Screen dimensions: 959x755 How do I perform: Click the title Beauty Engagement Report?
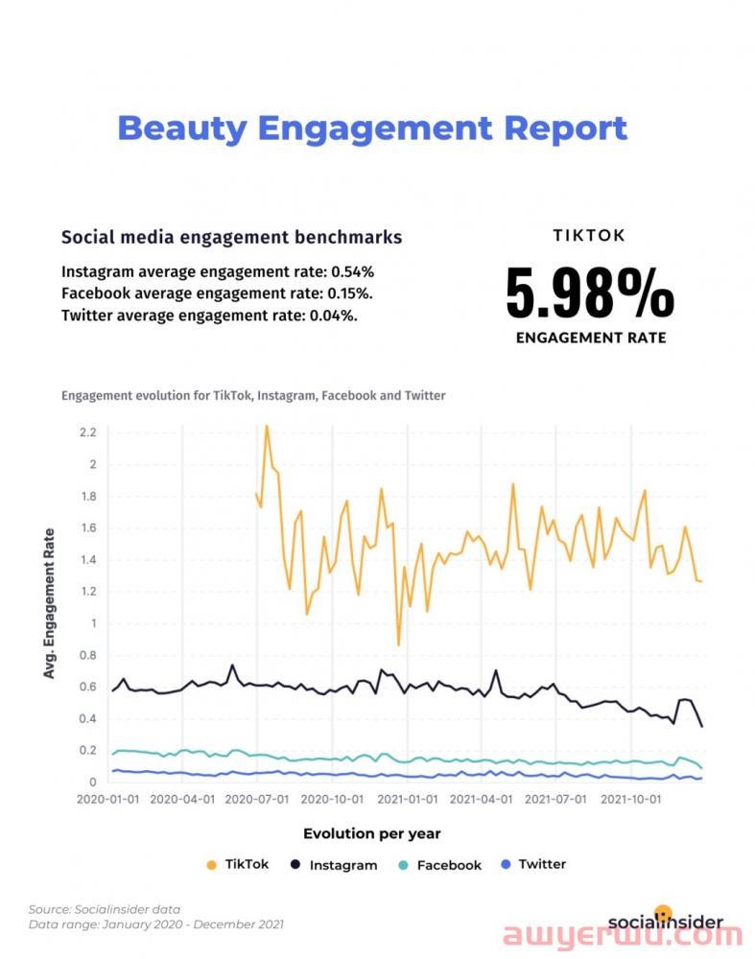coord(372,128)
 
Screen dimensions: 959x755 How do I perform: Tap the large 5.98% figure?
coord(590,293)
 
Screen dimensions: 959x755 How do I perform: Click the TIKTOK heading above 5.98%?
coord(589,235)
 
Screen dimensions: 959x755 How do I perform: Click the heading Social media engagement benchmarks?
coord(231,237)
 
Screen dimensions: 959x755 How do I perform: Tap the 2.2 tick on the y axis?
coord(88,433)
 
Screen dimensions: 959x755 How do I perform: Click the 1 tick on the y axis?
coord(94,623)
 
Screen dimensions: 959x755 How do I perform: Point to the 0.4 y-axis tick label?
coord(88,718)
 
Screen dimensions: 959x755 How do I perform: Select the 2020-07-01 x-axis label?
coord(257,798)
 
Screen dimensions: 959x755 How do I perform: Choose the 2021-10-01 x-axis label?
coord(631,798)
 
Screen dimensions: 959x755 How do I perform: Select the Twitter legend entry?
coord(533,864)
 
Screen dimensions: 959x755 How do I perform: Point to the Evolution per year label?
coord(372,833)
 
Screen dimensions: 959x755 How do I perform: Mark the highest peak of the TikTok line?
coord(267,425)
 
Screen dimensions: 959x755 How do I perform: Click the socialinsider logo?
coord(664,921)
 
